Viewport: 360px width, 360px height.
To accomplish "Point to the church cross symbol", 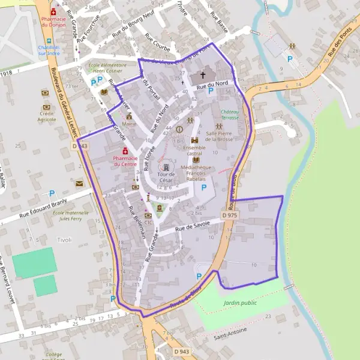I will [202, 76].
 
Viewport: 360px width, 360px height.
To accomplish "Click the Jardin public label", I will [240, 303].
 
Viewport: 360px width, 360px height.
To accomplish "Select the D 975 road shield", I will [229, 215].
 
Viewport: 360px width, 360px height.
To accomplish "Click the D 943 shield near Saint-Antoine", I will [181, 350].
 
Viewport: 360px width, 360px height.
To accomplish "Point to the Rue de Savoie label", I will [193, 226].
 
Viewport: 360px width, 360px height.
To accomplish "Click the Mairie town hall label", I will [128, 124].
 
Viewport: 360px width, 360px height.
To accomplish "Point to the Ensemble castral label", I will [194, 150].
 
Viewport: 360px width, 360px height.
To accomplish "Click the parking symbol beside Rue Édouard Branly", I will [52, 194].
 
